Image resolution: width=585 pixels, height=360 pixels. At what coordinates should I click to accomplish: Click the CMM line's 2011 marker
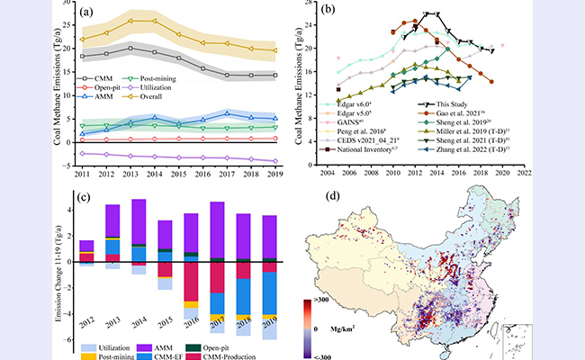click(83, 56)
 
